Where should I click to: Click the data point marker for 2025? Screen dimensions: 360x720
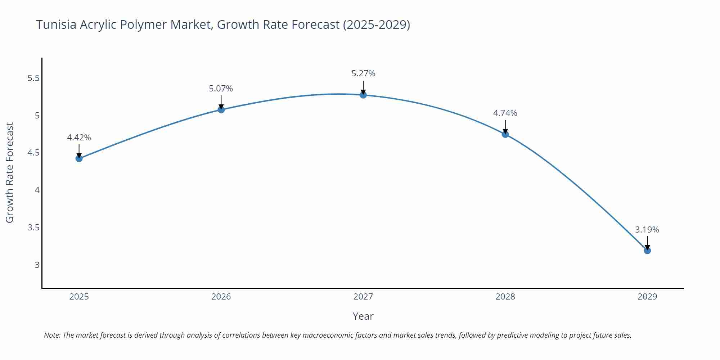click(79, 158)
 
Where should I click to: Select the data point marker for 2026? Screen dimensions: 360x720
click(221, 109)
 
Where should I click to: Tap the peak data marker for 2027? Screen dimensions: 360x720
click(363, 95)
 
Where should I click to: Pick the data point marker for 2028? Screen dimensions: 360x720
click(505, 134)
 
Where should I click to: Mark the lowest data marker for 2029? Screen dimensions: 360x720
click(647, 250)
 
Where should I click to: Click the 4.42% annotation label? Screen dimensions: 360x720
click(79, 138)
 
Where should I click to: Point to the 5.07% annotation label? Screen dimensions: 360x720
click(221, 89)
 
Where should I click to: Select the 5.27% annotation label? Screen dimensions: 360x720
click(363, 73)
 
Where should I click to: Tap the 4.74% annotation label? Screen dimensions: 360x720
click(505, 113)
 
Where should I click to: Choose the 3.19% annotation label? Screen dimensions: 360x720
click(647, 230)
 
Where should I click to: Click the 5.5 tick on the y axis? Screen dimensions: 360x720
click(33, 78)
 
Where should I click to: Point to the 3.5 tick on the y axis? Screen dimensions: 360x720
click(33, 228)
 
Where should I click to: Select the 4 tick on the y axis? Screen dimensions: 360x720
click(37, 190)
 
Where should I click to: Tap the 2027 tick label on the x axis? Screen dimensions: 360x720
click(363, 297)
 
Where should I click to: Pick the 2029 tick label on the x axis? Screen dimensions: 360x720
click(647, 297)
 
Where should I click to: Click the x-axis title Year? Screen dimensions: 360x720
click(363, 316)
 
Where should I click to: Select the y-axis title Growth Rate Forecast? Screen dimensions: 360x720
click(10, 172)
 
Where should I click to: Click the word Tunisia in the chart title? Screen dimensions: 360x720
click(56, 24)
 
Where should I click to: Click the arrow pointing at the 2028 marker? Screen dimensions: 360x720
click(505, 127)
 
